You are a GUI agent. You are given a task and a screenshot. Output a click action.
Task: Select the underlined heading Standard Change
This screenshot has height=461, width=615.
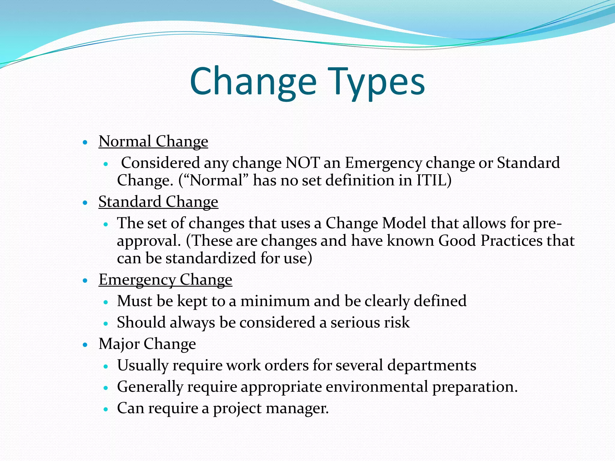pos(158,201)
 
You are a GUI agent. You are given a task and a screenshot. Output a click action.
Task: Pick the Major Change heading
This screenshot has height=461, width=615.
pos(147,344)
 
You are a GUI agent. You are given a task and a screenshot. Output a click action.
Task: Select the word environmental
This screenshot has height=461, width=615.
pos(377,387)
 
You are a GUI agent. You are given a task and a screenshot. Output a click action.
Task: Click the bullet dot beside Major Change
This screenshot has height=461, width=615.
pos(85,345)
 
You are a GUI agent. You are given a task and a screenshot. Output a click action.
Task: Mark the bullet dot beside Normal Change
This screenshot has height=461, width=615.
pos(85,142)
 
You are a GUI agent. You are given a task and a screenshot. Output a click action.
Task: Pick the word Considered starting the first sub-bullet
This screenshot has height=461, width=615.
pos(160,163)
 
